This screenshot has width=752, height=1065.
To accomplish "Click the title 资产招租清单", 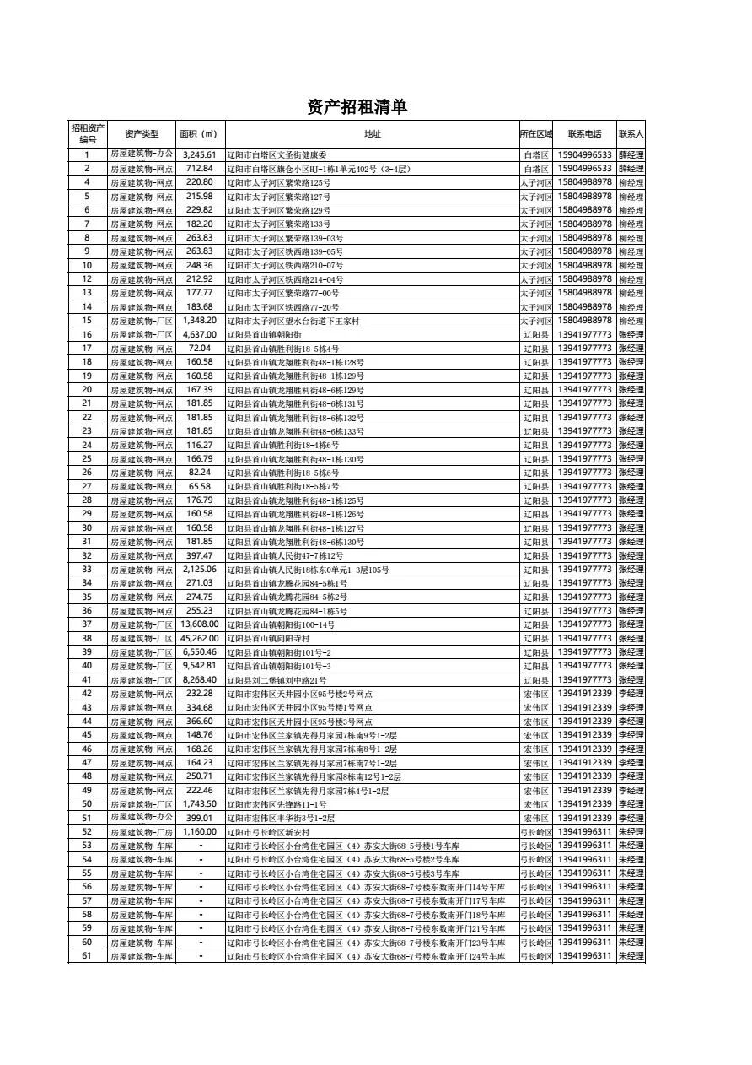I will click(357, 106).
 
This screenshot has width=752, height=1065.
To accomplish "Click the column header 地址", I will click(372, 134).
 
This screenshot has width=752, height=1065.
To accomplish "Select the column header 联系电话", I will click(584, 134).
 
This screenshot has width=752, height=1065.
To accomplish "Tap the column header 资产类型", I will click(141, 134).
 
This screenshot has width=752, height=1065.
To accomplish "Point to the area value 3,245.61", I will click(200, 155).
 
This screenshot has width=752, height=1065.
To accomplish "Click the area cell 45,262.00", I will click(200, 639).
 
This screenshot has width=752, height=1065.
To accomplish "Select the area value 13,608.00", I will click(200, 624).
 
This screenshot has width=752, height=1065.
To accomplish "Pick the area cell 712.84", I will click(200, 169).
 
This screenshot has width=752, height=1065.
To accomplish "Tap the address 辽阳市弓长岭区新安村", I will click(262, 832).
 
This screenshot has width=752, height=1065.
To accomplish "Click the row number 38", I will click(87, 639).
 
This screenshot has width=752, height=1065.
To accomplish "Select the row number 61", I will click(87, 956).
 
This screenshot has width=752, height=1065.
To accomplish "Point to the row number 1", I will click(87, 155).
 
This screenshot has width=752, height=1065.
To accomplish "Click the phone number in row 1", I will click(584, 155).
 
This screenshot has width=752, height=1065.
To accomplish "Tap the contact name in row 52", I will click(631, 832).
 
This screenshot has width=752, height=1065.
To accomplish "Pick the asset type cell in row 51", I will click(141, 818).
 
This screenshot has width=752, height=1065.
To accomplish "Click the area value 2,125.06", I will click(200, 570).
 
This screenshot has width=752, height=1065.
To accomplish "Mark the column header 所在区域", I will click(535, 134).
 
